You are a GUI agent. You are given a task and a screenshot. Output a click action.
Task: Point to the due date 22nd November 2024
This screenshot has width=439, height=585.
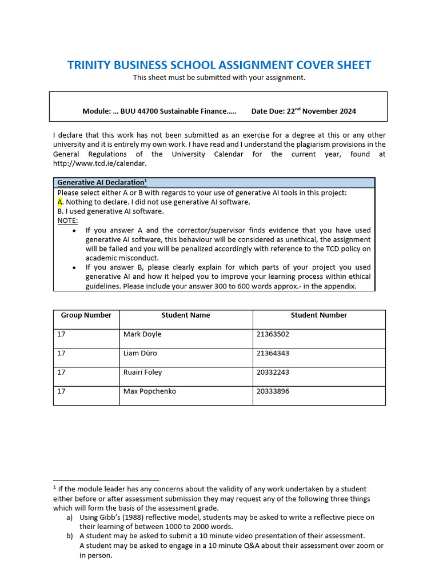pos(320,111)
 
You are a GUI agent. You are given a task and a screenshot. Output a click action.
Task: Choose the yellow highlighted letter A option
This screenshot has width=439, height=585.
pos(60,202)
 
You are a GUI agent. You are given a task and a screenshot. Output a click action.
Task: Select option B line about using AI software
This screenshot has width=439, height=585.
pos(110,211)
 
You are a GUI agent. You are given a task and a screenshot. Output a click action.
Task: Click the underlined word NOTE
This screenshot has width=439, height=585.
pos(67,221)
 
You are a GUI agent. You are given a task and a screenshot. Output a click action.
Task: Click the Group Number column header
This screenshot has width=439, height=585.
pos(86,315)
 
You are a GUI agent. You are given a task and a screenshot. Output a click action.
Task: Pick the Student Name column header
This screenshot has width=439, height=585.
pos(186,315)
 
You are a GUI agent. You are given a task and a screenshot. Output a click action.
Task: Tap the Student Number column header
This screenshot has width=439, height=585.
pos(318,315)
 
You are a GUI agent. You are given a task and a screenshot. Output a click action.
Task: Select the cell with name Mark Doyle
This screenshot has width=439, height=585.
pos(142,334)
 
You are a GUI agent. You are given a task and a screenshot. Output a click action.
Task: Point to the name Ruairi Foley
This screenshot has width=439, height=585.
pos(142,372)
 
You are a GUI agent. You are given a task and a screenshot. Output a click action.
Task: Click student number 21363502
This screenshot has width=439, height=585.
pos(273,334)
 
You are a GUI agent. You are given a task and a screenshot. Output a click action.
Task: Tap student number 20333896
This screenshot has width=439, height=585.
pos(273,391)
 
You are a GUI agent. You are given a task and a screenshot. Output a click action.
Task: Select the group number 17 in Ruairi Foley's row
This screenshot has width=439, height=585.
pos(61,372)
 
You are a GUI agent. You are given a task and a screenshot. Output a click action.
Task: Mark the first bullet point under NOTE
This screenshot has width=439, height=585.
pos(75,231)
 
